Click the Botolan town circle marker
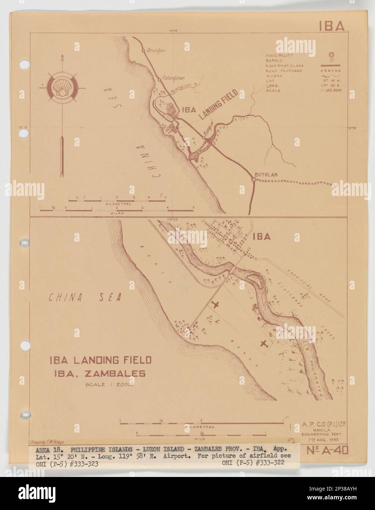(x=253, y=179)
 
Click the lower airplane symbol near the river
(x=263, y=343)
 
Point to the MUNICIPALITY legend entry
(x=279, y=55)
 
